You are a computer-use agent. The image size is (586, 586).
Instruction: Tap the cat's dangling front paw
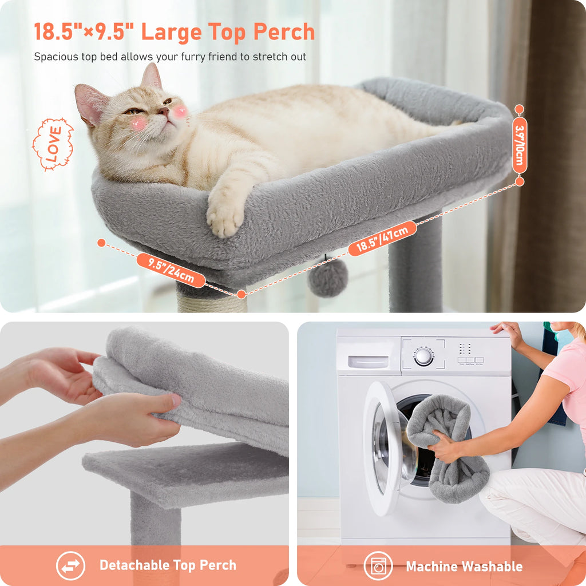(x=225, y=217)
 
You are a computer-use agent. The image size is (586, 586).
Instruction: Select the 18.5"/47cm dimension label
(x=382, y=238)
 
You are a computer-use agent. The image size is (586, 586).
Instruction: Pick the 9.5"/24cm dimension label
(x=171, y=270)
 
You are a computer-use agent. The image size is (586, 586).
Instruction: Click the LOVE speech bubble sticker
(x=53, y=144)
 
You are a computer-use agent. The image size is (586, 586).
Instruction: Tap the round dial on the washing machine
(x=423, y=356)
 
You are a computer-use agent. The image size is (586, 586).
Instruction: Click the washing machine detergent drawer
(x=368, y=362)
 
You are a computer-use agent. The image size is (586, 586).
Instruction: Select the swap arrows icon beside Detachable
(x=70, y=566)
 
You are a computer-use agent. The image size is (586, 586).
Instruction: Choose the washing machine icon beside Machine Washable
(x=378, y=566)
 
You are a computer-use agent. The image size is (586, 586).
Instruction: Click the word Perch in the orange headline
(x=286, y=32)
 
